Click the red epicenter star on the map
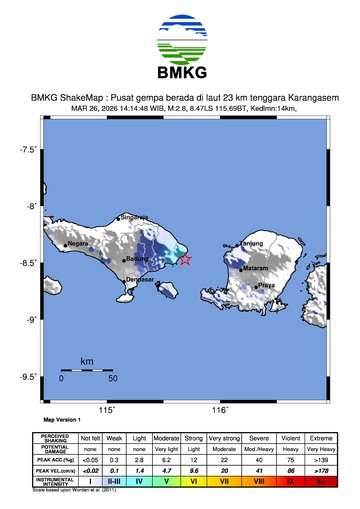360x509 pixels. pyautogui.click(x=184, y=260)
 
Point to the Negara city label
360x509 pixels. pyautogui.click(x=78, y=242)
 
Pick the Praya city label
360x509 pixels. pyautogui.click(x=266, y=285)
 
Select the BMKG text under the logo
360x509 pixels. pyautogui.click(x=180, y=72)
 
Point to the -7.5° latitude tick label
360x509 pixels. pyautogui.click(x=29, y=150)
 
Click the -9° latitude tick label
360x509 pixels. pyautogui.click(x=31, y=319)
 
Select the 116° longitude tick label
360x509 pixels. pyautogui.click(x=219, y=410)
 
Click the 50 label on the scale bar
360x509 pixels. pyautogui.click(x=113, y=379)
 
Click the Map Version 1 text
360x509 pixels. pyautogui.click(x=62, y=421)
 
